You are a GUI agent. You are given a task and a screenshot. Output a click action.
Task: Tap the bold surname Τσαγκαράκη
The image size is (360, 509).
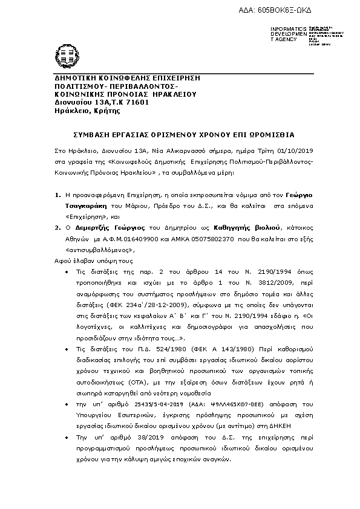click(x=82, y=206)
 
